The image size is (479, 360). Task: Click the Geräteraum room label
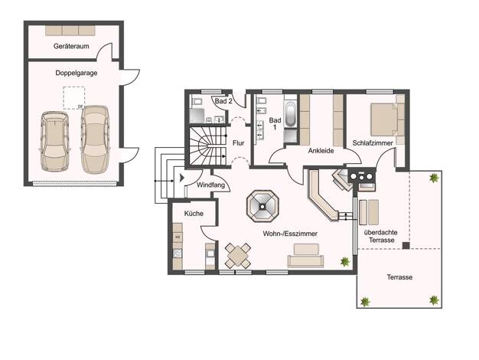71,46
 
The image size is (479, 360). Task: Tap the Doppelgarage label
77,73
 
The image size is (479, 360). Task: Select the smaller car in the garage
55,141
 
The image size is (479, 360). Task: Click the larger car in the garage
95,139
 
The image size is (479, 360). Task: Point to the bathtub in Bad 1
290,114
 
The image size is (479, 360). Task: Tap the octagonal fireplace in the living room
262,206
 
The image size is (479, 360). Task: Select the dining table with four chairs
238,255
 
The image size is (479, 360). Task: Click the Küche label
194,214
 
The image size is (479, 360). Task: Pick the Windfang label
210,185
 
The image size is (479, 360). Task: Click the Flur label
238,142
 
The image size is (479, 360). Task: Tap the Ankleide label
321,151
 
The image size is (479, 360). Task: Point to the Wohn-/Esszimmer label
290,234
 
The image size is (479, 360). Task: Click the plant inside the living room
345,261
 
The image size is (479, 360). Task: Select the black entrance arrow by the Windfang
182,178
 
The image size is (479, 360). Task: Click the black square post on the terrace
406,245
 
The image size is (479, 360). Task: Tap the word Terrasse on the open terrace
399,277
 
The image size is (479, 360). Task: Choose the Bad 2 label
223,101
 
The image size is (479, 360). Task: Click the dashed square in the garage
74,98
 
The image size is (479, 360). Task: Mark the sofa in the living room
305,256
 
